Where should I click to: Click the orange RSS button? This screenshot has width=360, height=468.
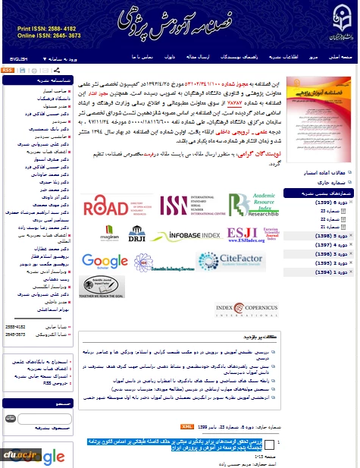[x=7, y=70]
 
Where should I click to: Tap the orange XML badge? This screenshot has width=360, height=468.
[x=187, y=428]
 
